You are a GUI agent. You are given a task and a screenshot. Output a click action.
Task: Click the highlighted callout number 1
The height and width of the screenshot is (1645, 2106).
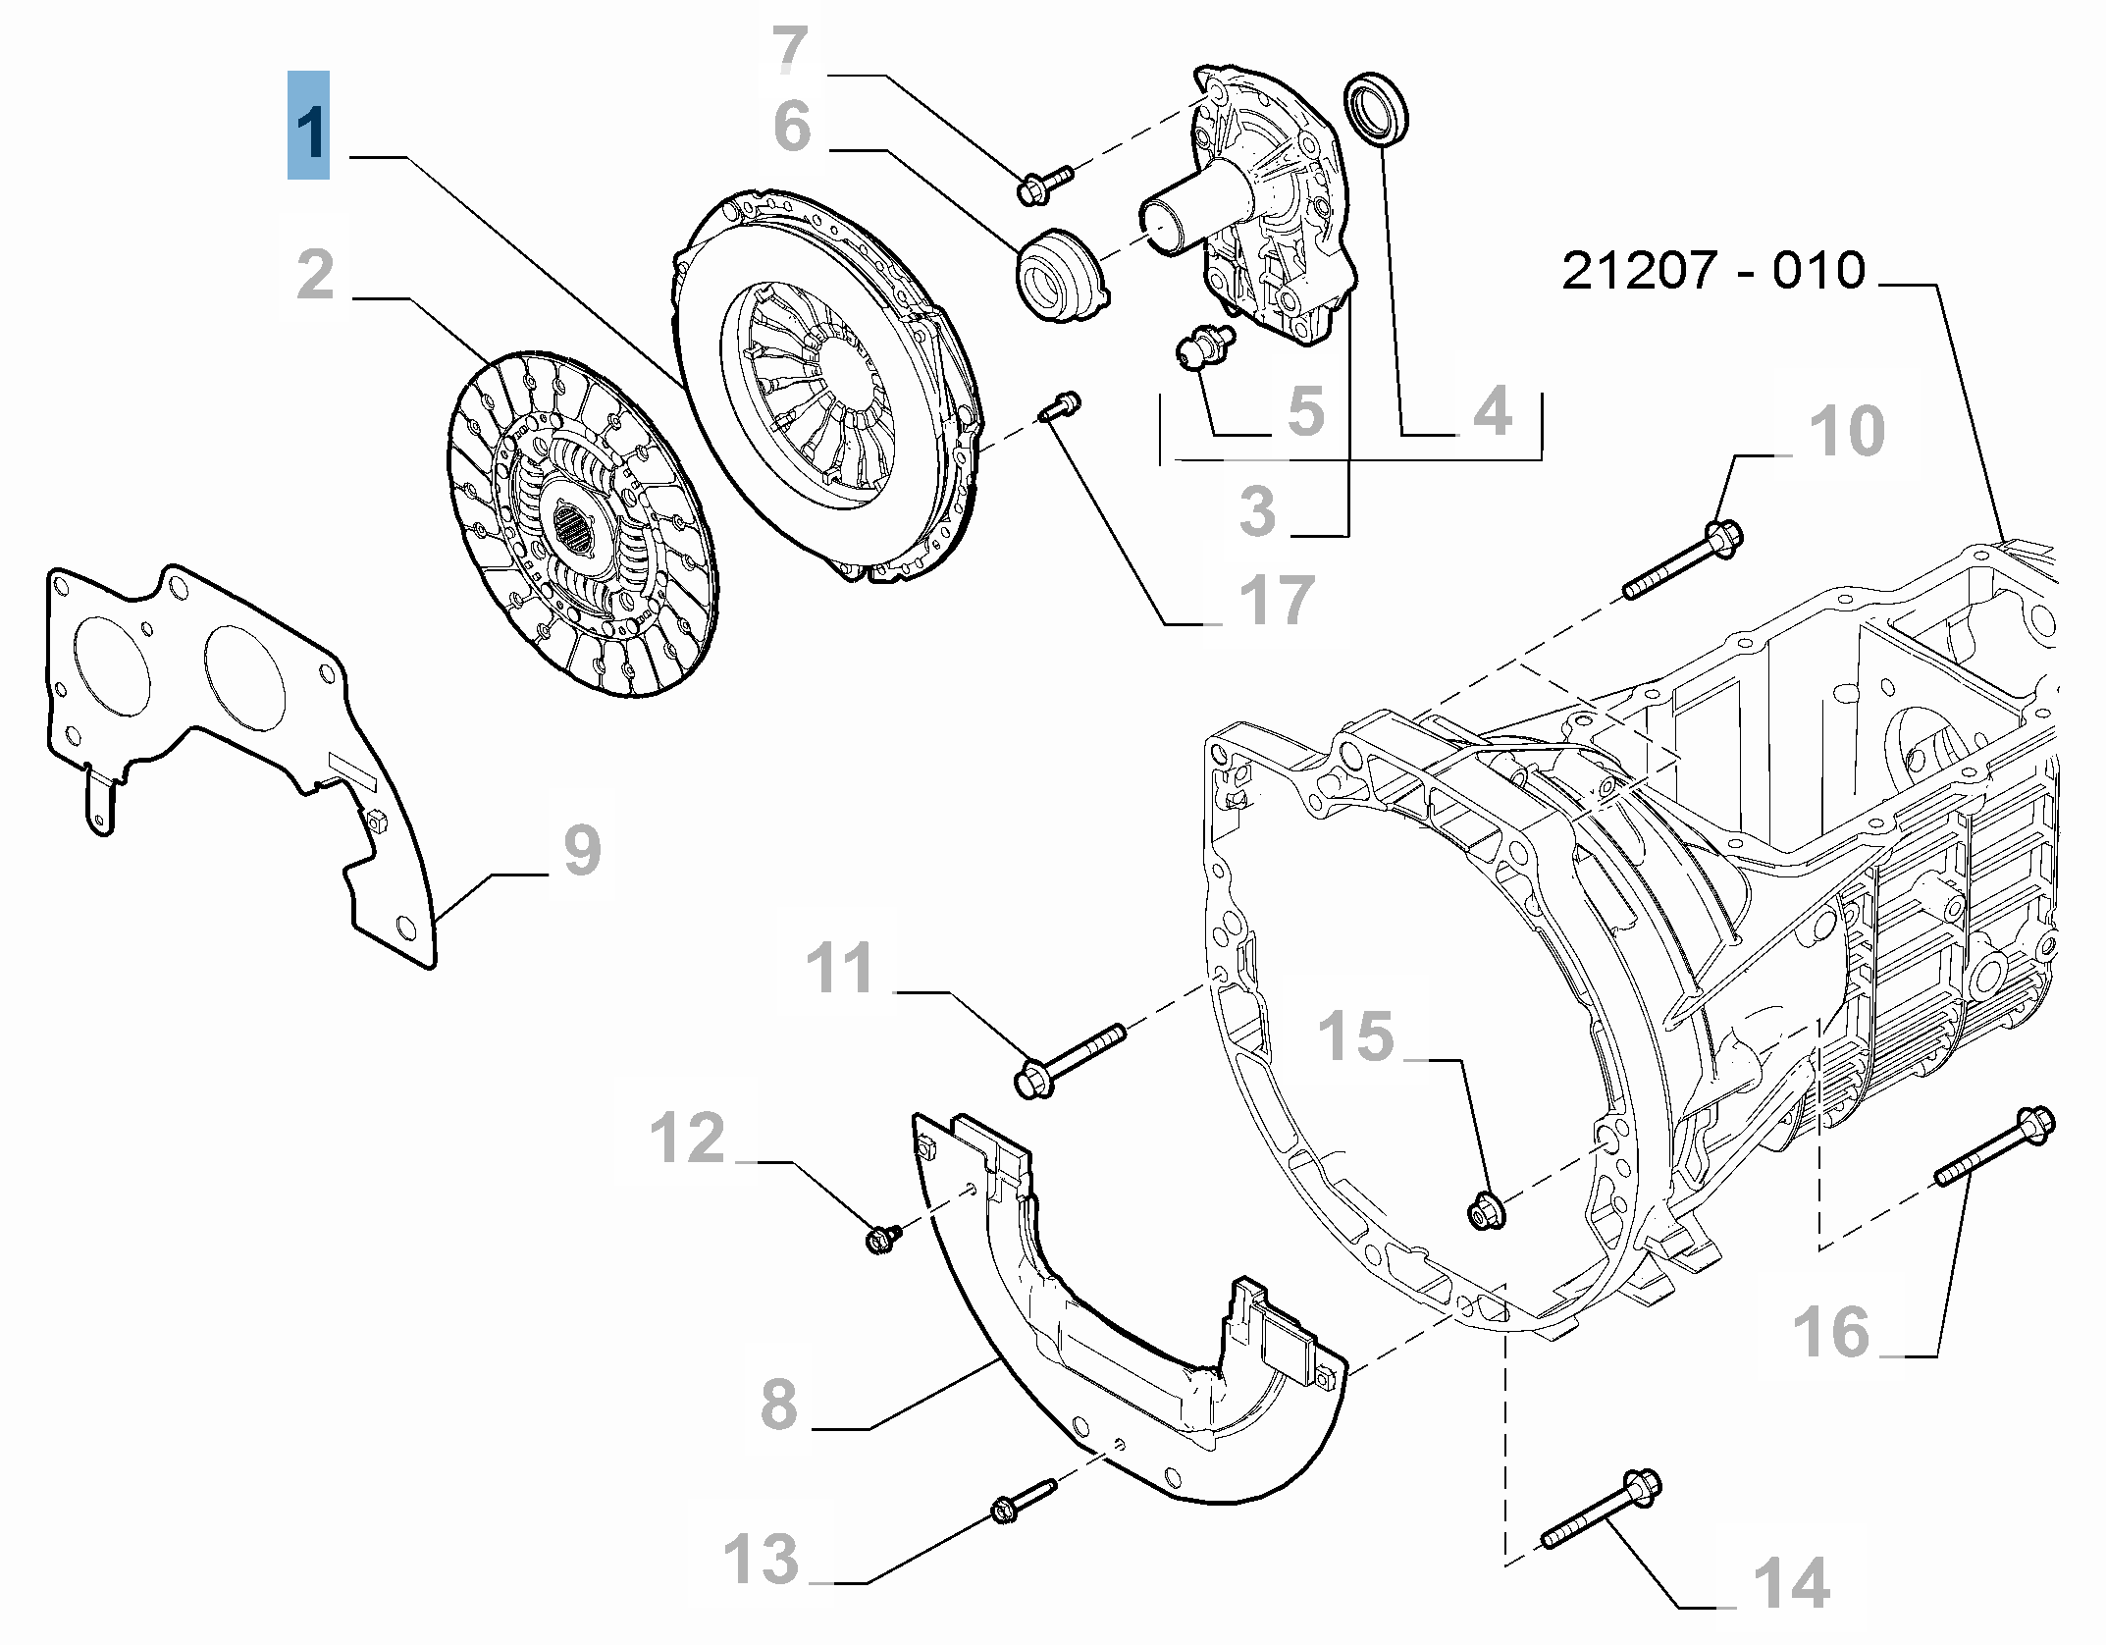click(308, 126)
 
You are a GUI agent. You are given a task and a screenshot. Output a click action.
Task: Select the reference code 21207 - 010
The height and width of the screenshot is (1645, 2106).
click(1712, 271)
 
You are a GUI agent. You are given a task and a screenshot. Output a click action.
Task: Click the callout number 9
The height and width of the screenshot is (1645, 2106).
click(581, 850)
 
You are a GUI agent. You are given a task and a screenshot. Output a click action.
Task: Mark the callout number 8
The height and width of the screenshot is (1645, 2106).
click(779, 1405)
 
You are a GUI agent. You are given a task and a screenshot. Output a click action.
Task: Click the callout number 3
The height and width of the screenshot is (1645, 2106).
click(1257, 510)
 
